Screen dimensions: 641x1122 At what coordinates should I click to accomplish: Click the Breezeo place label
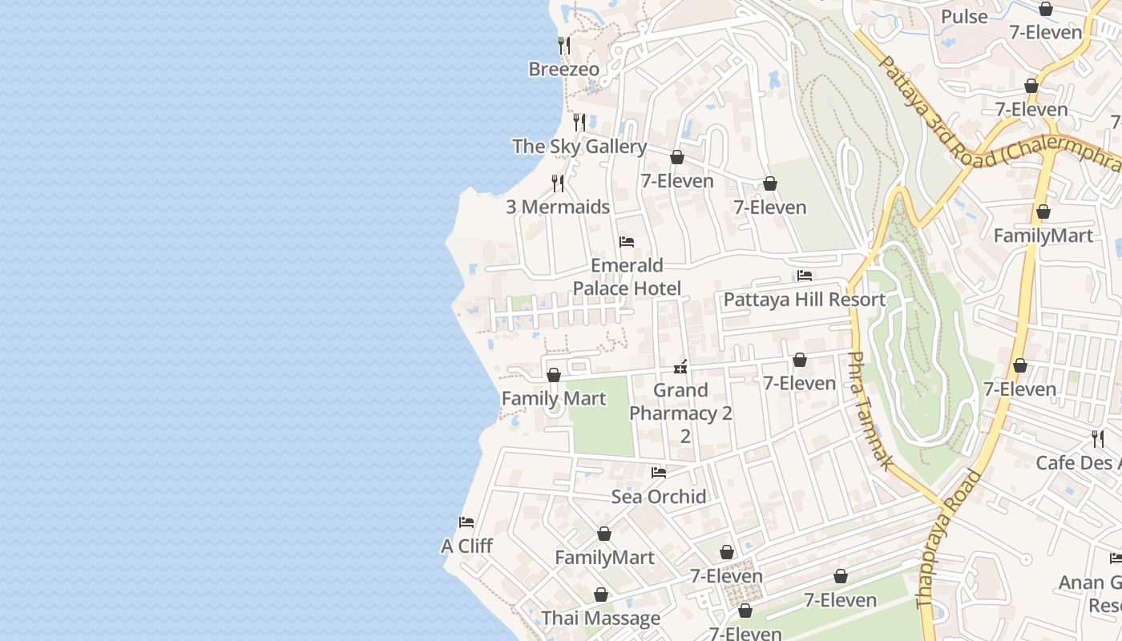coord(563,70)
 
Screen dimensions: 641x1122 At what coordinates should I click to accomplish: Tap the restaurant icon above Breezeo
coord(564,46)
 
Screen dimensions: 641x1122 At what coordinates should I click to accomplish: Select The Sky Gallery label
coord(579,147)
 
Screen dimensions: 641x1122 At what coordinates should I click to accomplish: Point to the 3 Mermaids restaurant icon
coord(558,183)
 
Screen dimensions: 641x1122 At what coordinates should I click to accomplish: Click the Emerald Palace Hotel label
coord(627,276)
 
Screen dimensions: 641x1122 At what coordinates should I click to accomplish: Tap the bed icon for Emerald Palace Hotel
coord(627,242)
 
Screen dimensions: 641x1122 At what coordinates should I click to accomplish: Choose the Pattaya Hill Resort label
coord(804,300)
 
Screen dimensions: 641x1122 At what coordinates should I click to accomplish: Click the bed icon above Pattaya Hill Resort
coord(805,276)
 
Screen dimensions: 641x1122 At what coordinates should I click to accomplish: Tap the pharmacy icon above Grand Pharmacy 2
coord(680,367)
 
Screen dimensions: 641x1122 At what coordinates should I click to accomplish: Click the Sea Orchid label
coord(659,497)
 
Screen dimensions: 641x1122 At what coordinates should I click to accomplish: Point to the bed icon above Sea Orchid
coord(659,473)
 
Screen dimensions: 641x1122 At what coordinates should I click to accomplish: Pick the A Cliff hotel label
coord(466,546)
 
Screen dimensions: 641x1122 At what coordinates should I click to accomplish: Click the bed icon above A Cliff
coord(466,522)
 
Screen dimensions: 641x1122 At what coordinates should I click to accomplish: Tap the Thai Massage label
coord(600,619)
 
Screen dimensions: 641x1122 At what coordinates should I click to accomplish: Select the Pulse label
coord(964,17)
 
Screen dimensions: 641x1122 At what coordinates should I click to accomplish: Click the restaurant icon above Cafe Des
coord(1097,439)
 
